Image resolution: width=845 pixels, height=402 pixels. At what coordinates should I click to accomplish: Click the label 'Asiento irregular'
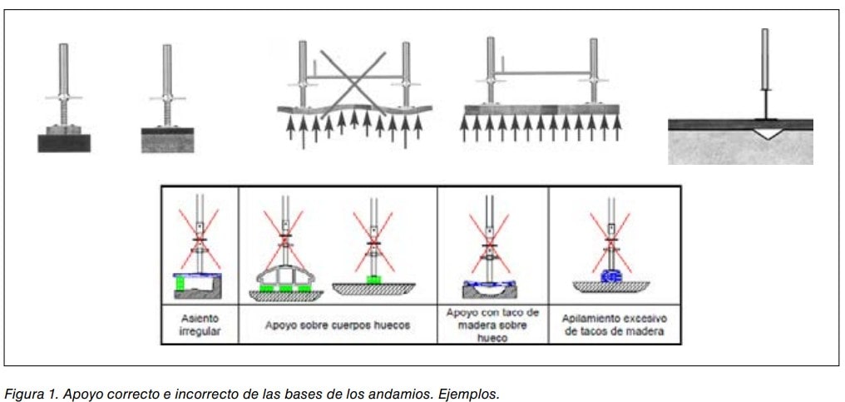[198, 324]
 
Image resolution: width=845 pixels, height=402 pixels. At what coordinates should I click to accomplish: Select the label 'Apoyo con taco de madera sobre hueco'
[493, 325]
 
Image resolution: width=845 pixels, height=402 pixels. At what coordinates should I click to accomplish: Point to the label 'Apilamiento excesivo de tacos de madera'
[614, 325]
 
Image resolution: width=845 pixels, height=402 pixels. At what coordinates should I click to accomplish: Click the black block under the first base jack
[63, 141]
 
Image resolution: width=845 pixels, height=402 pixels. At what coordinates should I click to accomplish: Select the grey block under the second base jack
[167, 140]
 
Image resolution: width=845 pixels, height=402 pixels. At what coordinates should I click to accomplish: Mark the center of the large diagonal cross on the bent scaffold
[353, 78]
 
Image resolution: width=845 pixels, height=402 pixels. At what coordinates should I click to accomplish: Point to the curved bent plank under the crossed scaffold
[353, 110]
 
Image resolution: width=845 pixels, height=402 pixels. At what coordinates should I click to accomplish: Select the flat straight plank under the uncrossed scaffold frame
[541, 109]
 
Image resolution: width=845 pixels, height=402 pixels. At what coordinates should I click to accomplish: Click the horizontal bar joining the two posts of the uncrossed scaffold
[543, 72]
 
